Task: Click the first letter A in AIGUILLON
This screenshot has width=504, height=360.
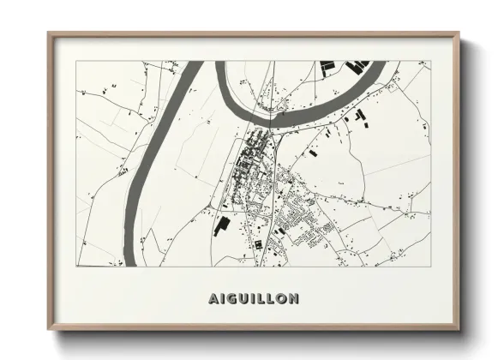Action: (213, 299)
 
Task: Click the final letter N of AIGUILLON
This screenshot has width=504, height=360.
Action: (294, 299)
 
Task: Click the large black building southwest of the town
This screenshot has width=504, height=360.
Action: (219, 225)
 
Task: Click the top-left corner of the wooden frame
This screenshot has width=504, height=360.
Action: (49, 33)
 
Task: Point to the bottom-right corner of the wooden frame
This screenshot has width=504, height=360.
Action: (459, 332)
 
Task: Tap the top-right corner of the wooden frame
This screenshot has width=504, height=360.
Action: (459, 33)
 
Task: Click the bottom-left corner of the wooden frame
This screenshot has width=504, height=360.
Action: (49, 332)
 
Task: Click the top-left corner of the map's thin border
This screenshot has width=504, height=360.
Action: (75, 61)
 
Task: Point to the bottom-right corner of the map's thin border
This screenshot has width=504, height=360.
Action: (429, 266)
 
